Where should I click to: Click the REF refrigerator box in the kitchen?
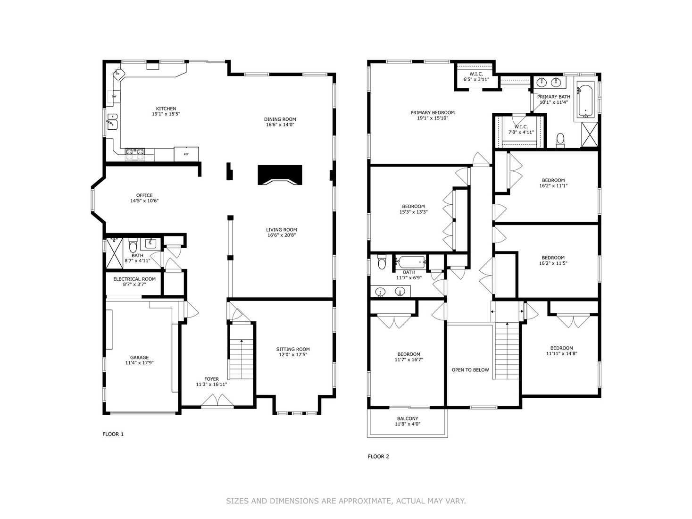[x=186, y=154]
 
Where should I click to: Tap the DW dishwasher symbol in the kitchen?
[x=114, y=97]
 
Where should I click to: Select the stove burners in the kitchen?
[x=134, y=152]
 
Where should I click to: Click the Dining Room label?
[x=280, y=119]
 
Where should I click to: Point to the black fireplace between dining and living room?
[x=280, y=175]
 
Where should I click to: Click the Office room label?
[x=144, y=195]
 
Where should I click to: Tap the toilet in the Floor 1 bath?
[x=133, y=246]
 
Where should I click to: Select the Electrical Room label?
[x=134, y=279]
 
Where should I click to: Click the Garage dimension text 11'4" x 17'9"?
[x=140, y=363]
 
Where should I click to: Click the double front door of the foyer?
[x=217, y=402]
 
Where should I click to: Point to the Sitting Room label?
[x=293, y=349]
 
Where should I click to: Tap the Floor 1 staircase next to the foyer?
[x=241, y=358]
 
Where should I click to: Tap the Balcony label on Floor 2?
[x=407, y=419]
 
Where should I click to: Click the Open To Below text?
[x=470, y=370]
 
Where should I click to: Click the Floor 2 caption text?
[x=378, y=456]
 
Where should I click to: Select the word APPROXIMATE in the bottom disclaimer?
[x=365, y=501]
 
